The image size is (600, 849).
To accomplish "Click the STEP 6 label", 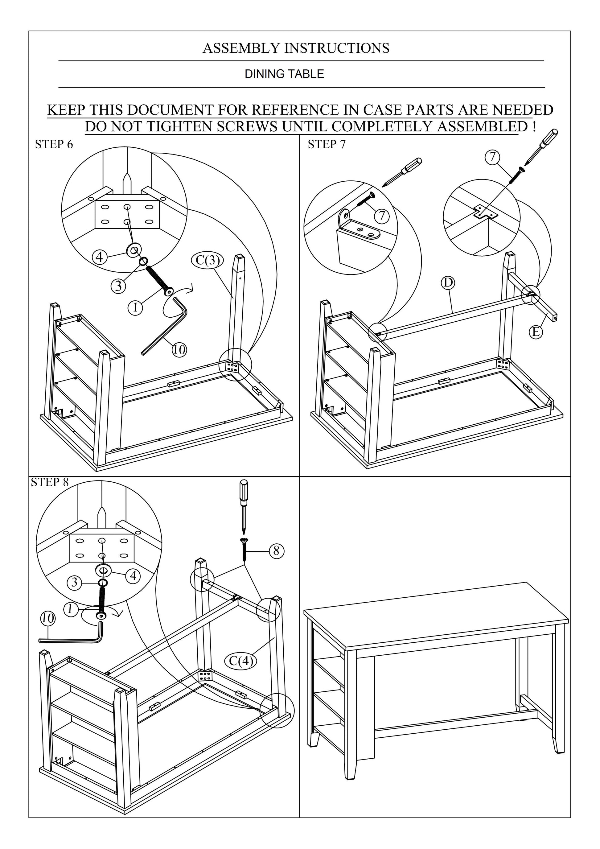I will (x=54, y=145).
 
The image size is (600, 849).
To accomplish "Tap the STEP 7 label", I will (x=327, y=145).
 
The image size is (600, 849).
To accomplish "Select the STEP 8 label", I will (x=50, y=482).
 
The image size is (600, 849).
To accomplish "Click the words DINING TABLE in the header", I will (x=284, y=74).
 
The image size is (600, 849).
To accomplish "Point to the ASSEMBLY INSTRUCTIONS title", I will (x=296, y=48).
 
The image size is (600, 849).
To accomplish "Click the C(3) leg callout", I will (x=208, y=260).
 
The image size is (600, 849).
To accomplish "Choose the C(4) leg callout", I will (x=241, y=660).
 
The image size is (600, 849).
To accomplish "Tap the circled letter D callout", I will (x=448, y=282).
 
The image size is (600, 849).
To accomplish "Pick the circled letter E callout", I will (x=536, y=332).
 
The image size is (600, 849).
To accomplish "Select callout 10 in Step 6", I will (x=179, y=349).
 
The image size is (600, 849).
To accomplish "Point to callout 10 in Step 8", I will (x=47, y=618).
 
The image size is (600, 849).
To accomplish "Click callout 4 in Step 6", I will (x=99, y=257).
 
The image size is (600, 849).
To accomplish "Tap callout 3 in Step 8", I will (x=75, y=583).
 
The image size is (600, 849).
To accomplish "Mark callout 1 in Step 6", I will (x=136, y=307).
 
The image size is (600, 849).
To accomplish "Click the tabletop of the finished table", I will (x=436, y=614).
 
